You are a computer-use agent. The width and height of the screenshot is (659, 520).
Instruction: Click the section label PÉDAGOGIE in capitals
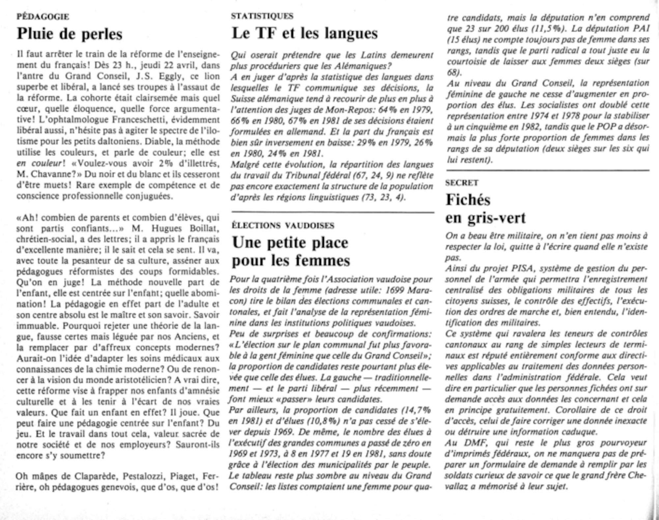pyautogui.click(x=43, y=16)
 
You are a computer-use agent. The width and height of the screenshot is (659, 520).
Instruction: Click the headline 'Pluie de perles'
pyautogui.click(x=70, y=34)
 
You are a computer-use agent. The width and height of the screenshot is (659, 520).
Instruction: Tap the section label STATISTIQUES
pyautogui.click(x=262, y=16)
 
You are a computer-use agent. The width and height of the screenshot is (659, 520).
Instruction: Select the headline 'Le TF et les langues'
pyautogui.click(x=305, y=33)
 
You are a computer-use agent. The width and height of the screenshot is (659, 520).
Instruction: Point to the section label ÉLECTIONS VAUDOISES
pyautogui.click(x=283, y=226)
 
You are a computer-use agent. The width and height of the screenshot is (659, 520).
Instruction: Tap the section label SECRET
pyautogui.click(x=462, y=183)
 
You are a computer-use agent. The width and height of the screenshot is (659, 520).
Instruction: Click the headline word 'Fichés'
pyautogui.click(x=468, y=200)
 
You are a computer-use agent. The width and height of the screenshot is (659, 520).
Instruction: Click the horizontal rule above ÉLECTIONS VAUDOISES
pyautogui.click(x=333, y=213)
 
